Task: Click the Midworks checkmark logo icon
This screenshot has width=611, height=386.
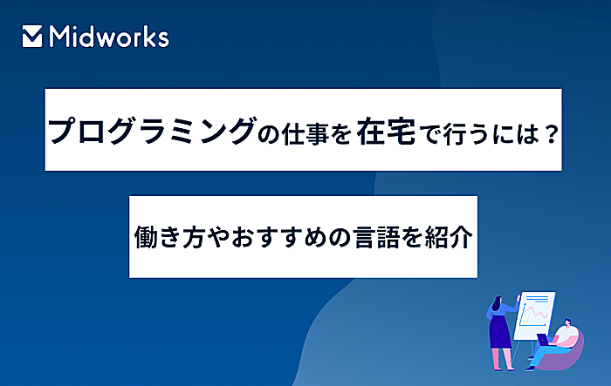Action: point(32,37)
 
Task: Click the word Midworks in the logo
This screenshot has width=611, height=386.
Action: point(109,37)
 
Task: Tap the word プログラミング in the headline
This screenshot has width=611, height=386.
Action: point(151,131)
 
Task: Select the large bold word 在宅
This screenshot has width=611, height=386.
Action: point(386,131)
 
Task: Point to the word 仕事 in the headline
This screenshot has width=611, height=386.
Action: point(305,134)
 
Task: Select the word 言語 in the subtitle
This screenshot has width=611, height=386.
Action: point(377,237)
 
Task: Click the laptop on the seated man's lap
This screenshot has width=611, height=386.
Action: point(543,339)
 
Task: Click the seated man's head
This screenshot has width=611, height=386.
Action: point(567,322)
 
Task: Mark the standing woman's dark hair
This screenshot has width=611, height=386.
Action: point(498,303)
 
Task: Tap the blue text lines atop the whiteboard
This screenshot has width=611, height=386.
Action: point(538,299)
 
